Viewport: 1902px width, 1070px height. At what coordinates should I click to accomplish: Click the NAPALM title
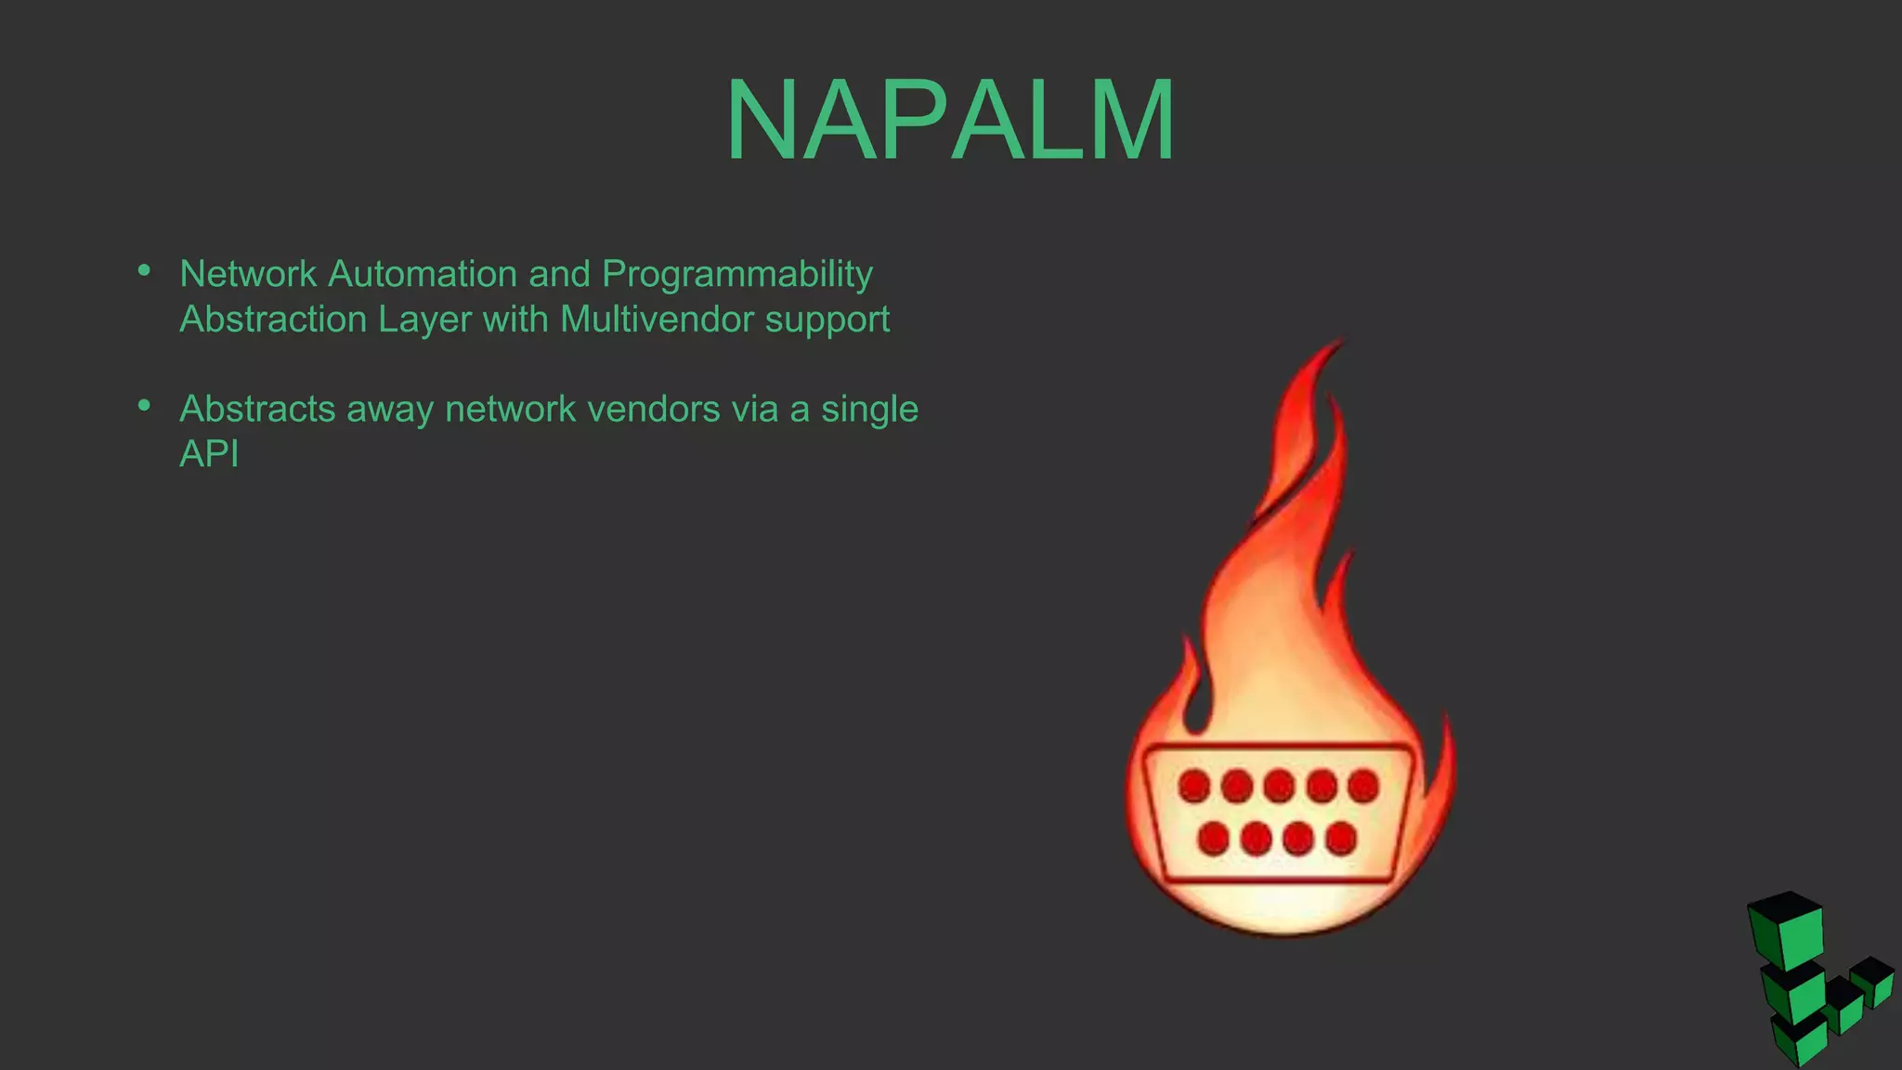950,121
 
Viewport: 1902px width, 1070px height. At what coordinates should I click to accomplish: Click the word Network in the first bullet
248,274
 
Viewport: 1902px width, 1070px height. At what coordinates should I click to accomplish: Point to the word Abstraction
274,320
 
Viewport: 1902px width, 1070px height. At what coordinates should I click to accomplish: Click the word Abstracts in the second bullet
257,409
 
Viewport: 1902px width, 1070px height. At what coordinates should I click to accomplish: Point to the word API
209,454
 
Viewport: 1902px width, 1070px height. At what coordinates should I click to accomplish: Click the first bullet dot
144,270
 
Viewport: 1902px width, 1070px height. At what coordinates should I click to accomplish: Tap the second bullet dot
144,405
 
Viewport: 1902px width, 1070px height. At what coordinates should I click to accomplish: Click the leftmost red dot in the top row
1194,786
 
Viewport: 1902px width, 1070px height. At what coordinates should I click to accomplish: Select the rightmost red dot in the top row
1363,786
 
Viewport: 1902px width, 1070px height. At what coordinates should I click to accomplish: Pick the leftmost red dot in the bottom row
1213,839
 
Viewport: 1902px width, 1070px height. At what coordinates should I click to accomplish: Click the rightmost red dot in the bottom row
1340,839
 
